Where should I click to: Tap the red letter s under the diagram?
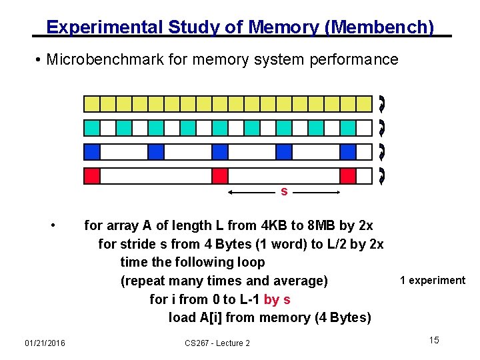[284, 191]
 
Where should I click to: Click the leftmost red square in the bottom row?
[92, 176]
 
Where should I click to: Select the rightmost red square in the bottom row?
[348, 176]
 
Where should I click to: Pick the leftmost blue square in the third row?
[92, 152]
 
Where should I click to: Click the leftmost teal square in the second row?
[92, 128]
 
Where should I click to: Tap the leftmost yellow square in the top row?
[92, 103]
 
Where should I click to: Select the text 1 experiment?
[433, 280]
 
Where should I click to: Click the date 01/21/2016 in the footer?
[45, 343]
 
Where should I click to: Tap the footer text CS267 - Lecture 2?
[217, 343]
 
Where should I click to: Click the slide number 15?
[434, 341]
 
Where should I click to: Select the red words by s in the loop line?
[277, 299]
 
